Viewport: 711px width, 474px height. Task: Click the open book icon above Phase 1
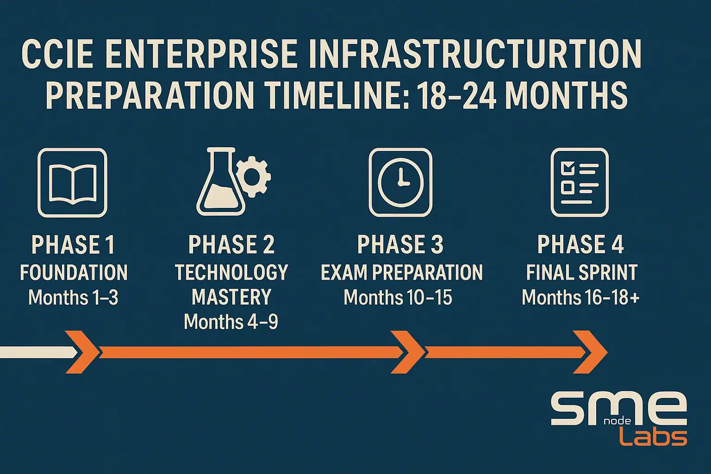tap(72, 183)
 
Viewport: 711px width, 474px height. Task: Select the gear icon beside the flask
tap(252, 176)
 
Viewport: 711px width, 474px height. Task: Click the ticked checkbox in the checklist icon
tap(567, 168)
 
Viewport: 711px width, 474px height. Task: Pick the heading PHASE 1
tap(73, 245)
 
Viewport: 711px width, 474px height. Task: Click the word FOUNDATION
tap(74, 273)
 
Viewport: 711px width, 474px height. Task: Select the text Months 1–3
tap(73, 297)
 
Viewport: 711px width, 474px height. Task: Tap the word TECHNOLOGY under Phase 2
tap(231, 273)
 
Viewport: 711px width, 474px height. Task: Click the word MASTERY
tap(231, 297)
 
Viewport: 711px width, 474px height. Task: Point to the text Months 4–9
tap(231, 322)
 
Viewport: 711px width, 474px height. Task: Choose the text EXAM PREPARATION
tap(401, 273)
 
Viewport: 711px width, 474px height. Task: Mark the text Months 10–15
tap(398, 297)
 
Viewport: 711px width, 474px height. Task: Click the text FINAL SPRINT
tap(582, 273)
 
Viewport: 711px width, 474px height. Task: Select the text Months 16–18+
tap(580, 297)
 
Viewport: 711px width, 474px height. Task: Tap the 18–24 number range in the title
tap(457, 95)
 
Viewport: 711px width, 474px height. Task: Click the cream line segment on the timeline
tap(37, 352)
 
